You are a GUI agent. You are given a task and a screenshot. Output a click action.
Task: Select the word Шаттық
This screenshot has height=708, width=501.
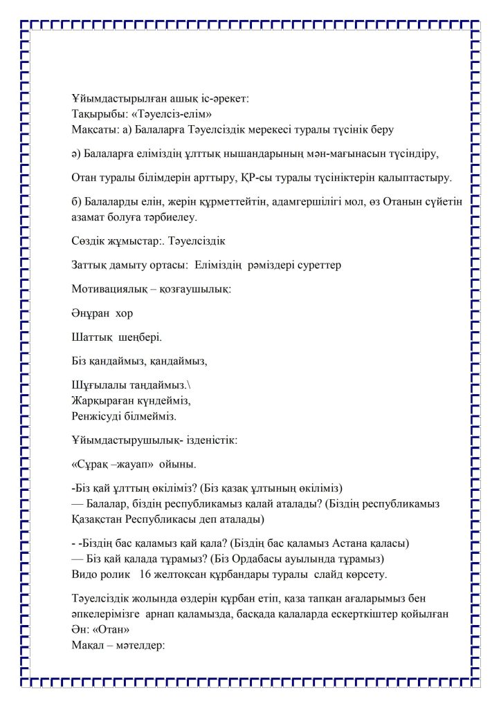click(x=91, y=337)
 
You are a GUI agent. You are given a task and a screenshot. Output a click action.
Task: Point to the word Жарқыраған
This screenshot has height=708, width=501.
click(x=101, y=400)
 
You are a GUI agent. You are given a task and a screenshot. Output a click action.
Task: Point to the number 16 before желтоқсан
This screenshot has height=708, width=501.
click(x=145, y=575)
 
